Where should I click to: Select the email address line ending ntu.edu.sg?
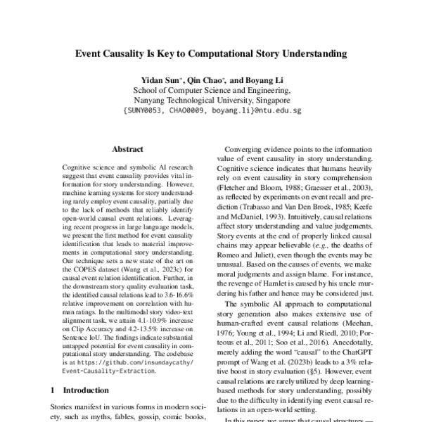click(211, 110)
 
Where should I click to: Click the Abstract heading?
click(127, 149)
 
